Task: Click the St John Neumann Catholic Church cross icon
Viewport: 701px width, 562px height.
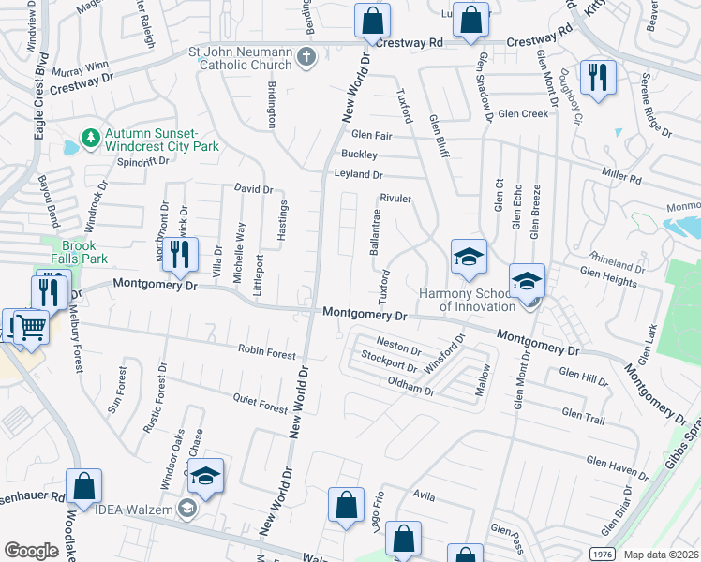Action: [305, 58]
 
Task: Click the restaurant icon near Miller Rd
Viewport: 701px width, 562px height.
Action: [597, 76]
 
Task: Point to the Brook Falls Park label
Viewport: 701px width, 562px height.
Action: [73, 251]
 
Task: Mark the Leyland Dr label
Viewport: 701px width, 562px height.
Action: [358, 174]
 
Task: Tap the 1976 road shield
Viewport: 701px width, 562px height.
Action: [602, 554]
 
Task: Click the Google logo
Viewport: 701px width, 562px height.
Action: [31, 551]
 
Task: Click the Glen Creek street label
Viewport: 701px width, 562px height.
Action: [523, 114]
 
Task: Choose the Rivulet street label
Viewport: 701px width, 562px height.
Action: [396, 199]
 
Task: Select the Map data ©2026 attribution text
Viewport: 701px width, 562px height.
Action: [661, 555]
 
